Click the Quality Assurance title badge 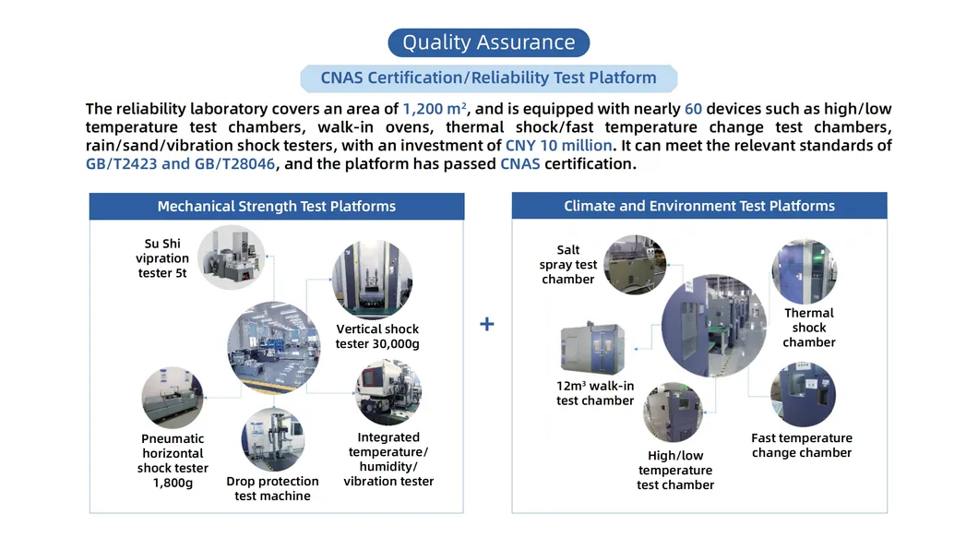point(488,42)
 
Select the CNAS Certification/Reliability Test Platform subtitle point(488,78)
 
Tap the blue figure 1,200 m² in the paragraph point(435,109)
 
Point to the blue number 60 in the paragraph point(693,109)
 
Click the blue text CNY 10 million point(559,145)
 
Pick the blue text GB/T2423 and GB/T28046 point(180,163)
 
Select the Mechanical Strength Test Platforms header point(276,207)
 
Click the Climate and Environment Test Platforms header point(699,206)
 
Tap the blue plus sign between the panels point(487,324)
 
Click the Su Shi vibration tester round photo point(232,257)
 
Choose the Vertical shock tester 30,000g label point(377,336)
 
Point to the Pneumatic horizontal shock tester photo point(173,398)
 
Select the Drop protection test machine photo point(273,440)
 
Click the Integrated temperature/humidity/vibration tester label point(388,459)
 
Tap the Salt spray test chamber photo point(635,265)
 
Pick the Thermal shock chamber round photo point(805,272)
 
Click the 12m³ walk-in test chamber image point(592,348)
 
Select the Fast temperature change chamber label point(802,445)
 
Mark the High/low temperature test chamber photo point(674,412)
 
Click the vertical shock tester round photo point(373,280)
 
